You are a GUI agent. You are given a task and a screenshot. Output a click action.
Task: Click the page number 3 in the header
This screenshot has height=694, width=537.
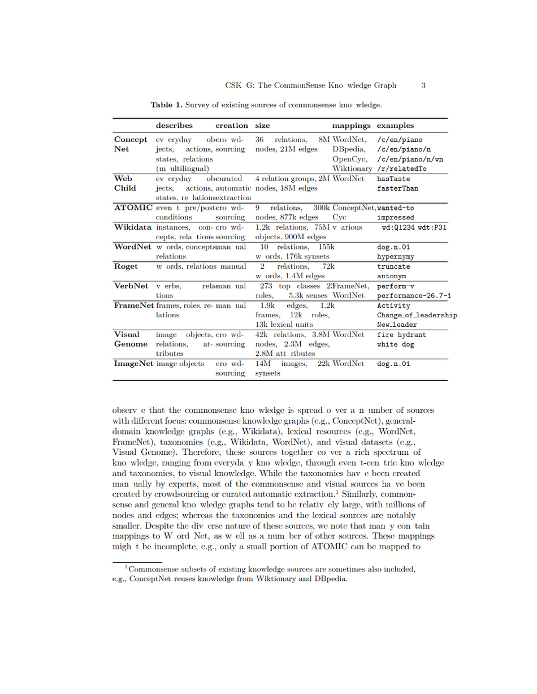(x=423, y=86)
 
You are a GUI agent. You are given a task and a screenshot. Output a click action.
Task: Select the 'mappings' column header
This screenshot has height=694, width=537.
(x=351, y=126)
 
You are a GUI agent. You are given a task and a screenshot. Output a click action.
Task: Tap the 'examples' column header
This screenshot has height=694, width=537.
(x=395, y=126)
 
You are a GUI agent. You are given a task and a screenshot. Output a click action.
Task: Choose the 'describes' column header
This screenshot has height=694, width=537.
(x=174, y=126)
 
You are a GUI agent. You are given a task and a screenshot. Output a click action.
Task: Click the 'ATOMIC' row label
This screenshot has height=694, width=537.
(x=133, y=208)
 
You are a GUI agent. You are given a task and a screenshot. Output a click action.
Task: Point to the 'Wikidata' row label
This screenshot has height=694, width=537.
(x=133, y=227)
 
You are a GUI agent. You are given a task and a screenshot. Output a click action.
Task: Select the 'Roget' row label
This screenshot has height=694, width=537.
(x=126, y=266)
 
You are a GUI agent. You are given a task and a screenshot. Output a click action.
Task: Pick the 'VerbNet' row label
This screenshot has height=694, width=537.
(x=132, y=286)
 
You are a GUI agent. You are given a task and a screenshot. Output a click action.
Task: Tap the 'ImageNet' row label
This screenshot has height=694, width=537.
(x=134, y=364)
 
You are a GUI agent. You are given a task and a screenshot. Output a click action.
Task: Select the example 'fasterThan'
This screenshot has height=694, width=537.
(x=397, y=188)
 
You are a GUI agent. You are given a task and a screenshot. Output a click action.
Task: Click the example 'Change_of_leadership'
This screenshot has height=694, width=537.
(x=417, y=315)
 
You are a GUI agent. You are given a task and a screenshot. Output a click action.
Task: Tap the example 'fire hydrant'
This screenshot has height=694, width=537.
(x=401, y=334)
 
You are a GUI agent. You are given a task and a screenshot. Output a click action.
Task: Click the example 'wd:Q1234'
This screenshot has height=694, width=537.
(x=399, y=227)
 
